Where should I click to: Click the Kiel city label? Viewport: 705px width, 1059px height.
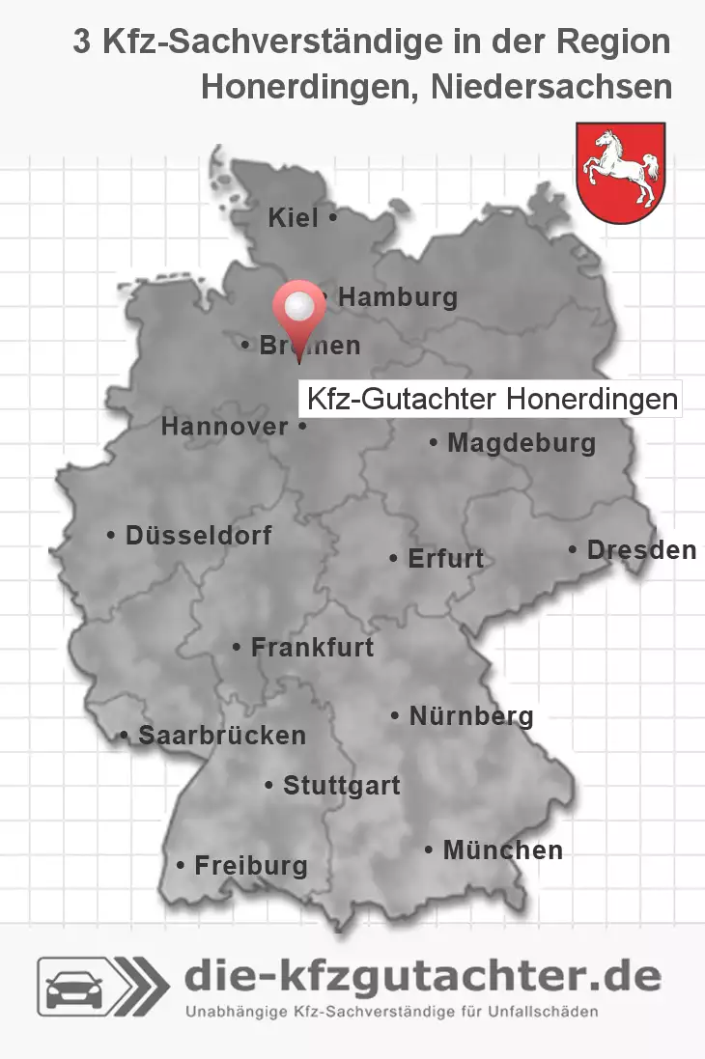pos(293,219)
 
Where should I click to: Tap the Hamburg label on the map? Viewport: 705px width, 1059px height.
pos(397,298)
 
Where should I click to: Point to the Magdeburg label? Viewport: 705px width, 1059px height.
pos(522,444)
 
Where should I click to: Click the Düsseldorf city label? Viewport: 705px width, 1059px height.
pos(199,535)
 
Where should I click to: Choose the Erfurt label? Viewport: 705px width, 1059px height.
pos(446,559)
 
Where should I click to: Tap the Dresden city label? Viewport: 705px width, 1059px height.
pos(641,550)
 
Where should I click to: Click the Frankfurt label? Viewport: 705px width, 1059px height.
pos(312,648)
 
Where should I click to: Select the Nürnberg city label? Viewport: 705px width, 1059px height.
pos(471,716)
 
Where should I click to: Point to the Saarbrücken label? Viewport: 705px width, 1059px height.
pos(222,736)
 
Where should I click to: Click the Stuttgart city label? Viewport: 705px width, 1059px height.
pos(341,786)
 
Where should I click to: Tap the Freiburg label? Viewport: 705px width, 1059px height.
pos(251,866)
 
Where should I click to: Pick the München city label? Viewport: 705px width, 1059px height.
pos(502,850)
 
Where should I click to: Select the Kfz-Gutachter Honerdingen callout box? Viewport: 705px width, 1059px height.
pos(492,399)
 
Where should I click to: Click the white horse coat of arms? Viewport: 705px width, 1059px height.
pos(620,172)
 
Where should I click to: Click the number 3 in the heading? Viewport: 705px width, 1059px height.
pos(83,42)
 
